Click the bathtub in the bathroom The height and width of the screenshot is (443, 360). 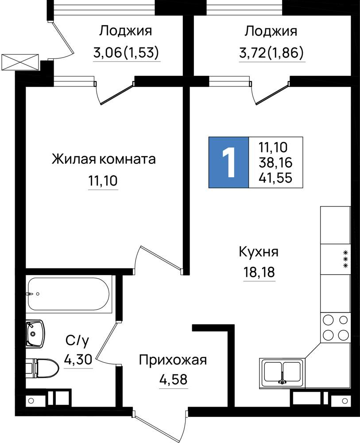tap(69, 294)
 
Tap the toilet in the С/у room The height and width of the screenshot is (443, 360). tap(43, 369)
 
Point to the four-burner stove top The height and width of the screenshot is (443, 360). tap(335, 328)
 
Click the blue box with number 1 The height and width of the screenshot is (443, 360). tap(228, 163)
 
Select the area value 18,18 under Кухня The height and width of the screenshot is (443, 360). tap(259, 272)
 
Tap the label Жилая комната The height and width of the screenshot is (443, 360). tap(104, 159)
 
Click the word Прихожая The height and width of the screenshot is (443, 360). tap(173, 361)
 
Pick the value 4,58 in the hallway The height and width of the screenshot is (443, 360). tap(173, 380)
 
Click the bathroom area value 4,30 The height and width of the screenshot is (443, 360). tap(78, 360)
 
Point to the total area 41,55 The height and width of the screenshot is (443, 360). tap(275, 178)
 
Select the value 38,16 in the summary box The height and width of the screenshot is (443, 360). tap(275, 163)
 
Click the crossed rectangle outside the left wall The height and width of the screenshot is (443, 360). tap(20, 62)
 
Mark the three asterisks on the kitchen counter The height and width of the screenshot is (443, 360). tap(345, 259)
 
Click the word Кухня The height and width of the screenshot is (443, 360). tap(259, 252)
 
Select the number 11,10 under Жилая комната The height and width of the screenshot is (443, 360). tap(103, 181)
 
